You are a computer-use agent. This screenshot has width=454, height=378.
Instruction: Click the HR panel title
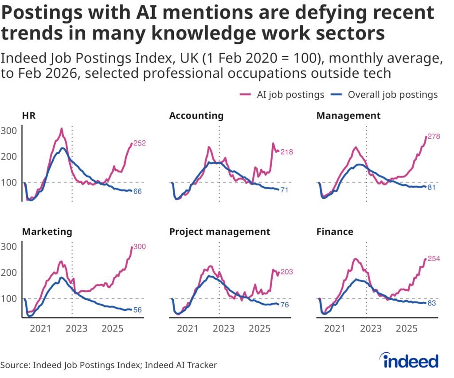click(x=29, y=116)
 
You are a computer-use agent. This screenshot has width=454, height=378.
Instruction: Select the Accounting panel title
click(x=196, y=116)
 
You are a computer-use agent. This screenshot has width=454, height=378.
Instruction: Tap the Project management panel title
click(x=219, y=232)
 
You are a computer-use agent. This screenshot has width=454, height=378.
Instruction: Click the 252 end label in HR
click(x=140, y=143)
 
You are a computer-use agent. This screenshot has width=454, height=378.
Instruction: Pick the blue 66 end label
click(x=138, y=192)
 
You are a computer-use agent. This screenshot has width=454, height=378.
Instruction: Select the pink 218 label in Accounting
click(x=286, y=152)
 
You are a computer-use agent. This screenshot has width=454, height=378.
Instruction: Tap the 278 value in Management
click(x=434, y=137)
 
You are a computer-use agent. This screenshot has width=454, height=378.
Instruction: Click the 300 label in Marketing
click(x=140, y=247)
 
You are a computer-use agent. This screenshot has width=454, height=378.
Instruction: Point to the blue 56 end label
click(x=138, y=310)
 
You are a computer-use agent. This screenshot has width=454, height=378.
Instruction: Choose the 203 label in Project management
click(x=286, y=272)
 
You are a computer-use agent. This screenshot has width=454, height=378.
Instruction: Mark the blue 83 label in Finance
click(x=431, y=303)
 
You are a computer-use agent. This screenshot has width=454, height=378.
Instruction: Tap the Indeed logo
click(x=410, y=360)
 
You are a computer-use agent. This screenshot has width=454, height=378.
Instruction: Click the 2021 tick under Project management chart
click(x=188, y=329)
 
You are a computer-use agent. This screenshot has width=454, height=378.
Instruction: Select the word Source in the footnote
click(x=14, y=365)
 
